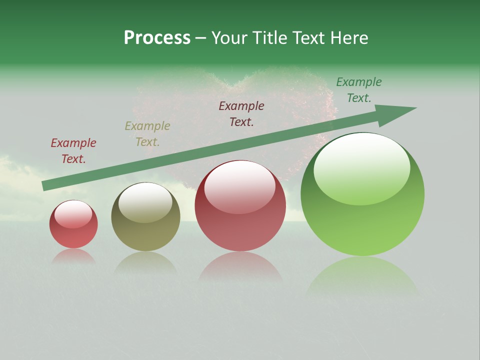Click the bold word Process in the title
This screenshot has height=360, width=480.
coord(157,38)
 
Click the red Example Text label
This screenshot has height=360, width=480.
coord(73,151)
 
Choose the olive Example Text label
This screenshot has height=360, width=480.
coord(147,134)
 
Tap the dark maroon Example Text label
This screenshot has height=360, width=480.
coord(241,113)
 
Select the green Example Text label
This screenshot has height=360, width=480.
coord(359,90)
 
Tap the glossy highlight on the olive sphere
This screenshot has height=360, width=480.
coord(145,201)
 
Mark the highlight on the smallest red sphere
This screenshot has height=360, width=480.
coord(73,214)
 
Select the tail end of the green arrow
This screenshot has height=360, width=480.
coord(46,185)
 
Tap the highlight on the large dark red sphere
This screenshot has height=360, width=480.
coord(240,186)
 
